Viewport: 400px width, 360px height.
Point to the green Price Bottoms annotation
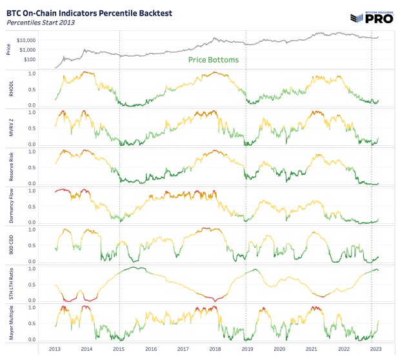(x=214, y=59)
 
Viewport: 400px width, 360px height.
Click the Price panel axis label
(x=8, y=49)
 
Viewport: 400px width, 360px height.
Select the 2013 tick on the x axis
(x=54, y=349)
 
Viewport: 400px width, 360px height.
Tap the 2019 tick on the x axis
(x=246, y=349)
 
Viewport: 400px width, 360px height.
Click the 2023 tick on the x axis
(x=375, y=349)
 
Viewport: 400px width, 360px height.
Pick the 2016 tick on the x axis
(x=150, y=349)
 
